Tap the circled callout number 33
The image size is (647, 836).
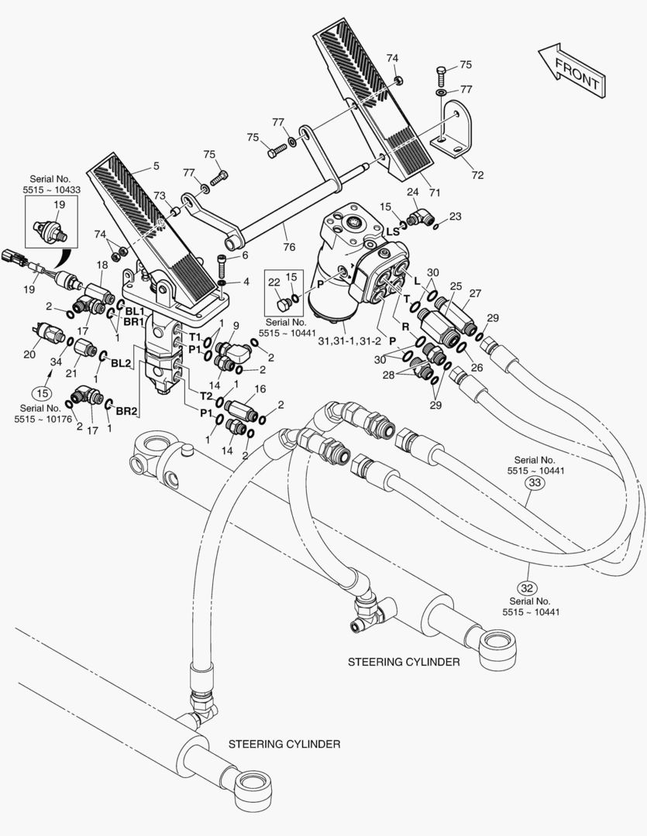click(x=535, y=483)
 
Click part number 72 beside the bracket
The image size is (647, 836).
click(x=477, y=176)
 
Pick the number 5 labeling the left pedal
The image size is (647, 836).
click(x=156, y=166)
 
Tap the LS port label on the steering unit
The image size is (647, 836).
click(x=393, y=231)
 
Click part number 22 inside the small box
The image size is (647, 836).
click(x=275, y=283)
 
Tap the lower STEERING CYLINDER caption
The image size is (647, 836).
click(x=284, y=744)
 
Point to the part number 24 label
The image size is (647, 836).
click(x=413, y=192)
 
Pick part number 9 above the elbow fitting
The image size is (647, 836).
click(x=236, y=326)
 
